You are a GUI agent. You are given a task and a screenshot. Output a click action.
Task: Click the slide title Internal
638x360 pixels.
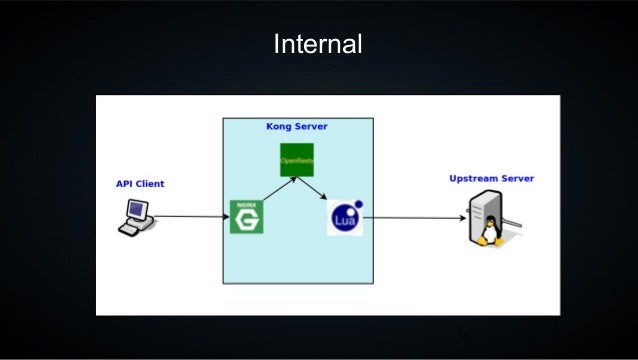(x=318, y=45)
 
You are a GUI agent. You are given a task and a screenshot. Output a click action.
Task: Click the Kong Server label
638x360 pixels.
(x=296, y=127)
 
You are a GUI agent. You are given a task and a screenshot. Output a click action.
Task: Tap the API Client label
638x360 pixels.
(x=140, y=184)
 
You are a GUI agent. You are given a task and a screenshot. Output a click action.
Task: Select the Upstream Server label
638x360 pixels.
(x=491, y=179)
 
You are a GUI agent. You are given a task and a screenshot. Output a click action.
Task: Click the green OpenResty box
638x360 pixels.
(x=297, y=160)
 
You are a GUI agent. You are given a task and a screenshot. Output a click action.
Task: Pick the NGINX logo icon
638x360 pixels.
(x=246, y=217)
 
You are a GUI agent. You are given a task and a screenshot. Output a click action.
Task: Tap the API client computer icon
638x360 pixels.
(x=135, y=217)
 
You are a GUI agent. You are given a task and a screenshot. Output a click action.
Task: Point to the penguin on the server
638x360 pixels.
(x=489, y=234)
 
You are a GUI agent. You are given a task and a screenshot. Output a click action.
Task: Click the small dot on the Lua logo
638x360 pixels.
(x=358, y=205)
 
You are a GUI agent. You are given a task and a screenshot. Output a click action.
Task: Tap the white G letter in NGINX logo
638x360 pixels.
(x=246, y=219)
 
